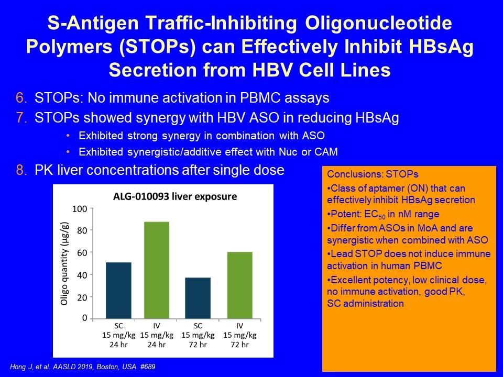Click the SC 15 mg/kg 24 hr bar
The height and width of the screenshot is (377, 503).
tap(119, 291)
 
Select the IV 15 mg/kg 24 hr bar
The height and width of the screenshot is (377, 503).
tap(157, 270)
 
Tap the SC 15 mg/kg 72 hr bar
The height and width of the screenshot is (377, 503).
tap(198, 298)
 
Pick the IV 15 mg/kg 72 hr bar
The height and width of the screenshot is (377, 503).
tap(239, 285)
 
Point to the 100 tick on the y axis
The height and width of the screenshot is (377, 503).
tap(80, 209)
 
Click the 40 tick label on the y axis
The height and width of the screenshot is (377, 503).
tap(82, 275)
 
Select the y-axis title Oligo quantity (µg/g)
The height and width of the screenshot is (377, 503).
tap(64, 263)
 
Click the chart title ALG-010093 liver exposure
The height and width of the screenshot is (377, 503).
tap(175, 196)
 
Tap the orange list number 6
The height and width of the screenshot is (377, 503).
tap(21, 98)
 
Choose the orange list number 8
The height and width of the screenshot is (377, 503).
tap(21, 170)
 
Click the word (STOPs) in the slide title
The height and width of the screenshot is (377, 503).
tap(157, 47)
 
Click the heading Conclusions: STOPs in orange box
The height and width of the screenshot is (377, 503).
tap(373, 174)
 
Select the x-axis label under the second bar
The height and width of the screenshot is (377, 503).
tap(157, 335)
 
